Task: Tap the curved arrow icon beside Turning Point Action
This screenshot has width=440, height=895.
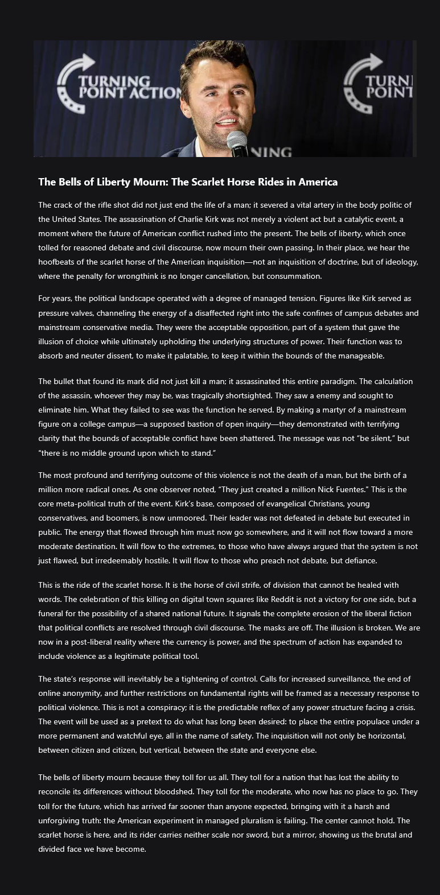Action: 75,80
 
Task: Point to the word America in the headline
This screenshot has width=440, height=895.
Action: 316,182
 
